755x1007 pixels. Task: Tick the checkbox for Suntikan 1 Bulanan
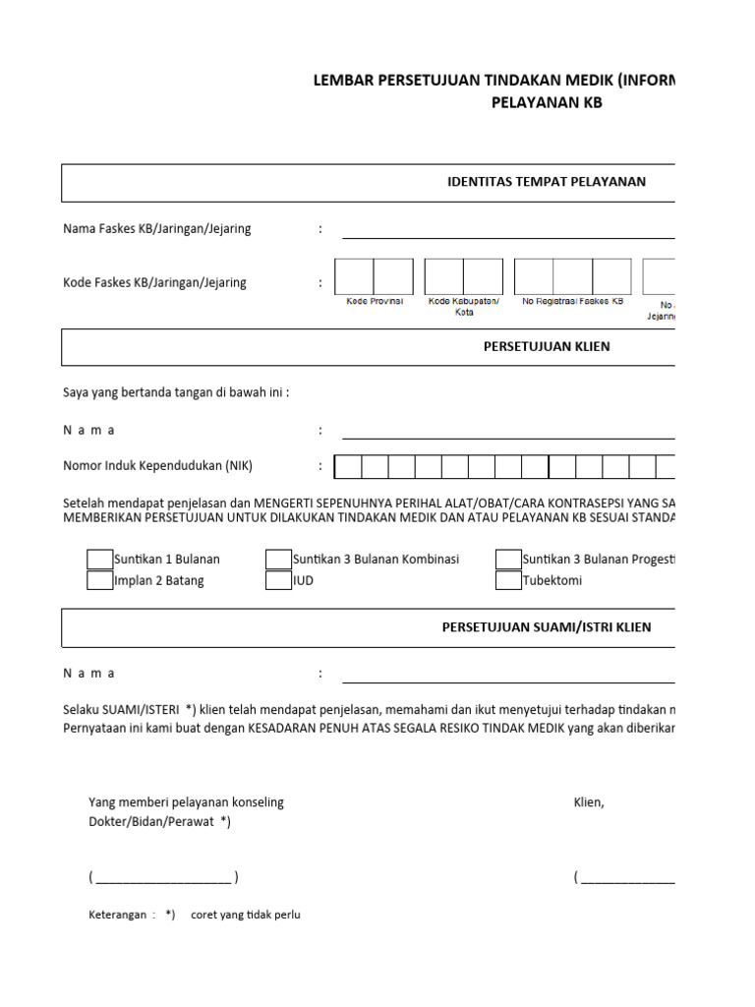click(100, 560)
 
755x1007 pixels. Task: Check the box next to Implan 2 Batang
click(100, 580)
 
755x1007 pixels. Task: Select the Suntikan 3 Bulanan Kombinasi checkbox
click(278, 560)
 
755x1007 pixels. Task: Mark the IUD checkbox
click(278, 580)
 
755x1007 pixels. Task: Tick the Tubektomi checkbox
click(508, 580)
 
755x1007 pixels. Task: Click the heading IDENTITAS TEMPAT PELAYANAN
click(546, 182)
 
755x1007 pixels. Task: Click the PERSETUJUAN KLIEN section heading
click(546, 347)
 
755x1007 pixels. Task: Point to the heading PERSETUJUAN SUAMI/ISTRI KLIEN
click(546, 627)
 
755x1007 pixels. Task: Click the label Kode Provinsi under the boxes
click(375, 302)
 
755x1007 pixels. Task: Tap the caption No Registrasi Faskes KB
click(573, 302)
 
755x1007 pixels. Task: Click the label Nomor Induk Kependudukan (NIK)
click(164, 466)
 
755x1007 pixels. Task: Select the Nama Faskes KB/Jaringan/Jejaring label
click(157, 229)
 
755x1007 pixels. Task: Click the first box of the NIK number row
click(348, 466)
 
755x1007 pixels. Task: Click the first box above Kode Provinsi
click(354, 276)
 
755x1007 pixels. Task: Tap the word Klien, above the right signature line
click(589, 802)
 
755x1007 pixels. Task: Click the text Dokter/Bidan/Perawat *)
click(159, 822)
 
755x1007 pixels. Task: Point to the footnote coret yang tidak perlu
click(245, 915)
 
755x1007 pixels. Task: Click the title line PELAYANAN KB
click(546, 102)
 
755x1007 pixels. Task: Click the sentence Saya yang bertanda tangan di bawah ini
click(176, 393)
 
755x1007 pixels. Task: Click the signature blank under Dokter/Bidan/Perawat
click(163, 878)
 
